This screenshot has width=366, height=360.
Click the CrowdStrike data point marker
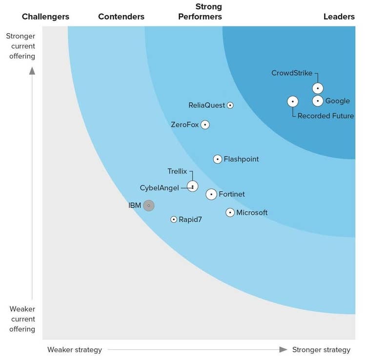click(x=318, y=88)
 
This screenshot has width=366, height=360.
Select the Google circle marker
click(x=318, y=101)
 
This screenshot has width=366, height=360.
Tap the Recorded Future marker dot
click(x=292, y=102)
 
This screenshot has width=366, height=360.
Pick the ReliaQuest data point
click(x=230, y=105)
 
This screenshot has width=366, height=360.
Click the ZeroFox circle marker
click(x=205, y=125)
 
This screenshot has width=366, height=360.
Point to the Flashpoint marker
click(x=218, y=159)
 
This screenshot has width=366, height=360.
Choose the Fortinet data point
click(x=211, y=194)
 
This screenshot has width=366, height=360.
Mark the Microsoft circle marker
click(x=230, y=212)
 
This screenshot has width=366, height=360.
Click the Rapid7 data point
click(x=174, y=220)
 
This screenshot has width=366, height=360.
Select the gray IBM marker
click(x=149, y=206)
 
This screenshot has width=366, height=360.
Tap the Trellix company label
click(x=177, y=171)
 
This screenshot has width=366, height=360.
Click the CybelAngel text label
click(x=160, y=188)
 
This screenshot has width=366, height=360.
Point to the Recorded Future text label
click(x=325, y=116)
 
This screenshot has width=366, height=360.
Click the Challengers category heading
click(x=45, y=17)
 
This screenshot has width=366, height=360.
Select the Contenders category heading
click(x=121, y=17)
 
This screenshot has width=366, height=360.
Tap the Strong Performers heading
click(x=200, y=12)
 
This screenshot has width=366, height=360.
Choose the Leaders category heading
click(x=339, y=17)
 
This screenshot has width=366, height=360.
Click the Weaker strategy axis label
click(x=75, y=350)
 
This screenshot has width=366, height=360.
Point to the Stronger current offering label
click(x=20, y=46)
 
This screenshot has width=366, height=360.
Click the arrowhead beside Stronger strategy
click(x=283, y=350)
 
